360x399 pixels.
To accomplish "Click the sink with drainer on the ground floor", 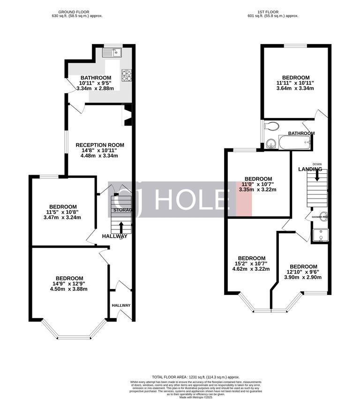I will [x=113, y=52].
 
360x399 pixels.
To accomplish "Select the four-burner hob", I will [x=127, y=75].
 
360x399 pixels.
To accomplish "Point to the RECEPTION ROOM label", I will [x=97, y=145].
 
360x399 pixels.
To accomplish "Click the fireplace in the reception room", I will [x=127, y=115].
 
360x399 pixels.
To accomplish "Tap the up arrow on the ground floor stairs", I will [x=121, y=227].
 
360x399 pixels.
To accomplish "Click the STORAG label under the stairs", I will [x=122, y=210].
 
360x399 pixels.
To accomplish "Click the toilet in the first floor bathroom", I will [x=271, y=126].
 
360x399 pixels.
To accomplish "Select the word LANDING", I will [x=310, y=169].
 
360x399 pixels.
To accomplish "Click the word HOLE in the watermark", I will [x=189, y=200].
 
